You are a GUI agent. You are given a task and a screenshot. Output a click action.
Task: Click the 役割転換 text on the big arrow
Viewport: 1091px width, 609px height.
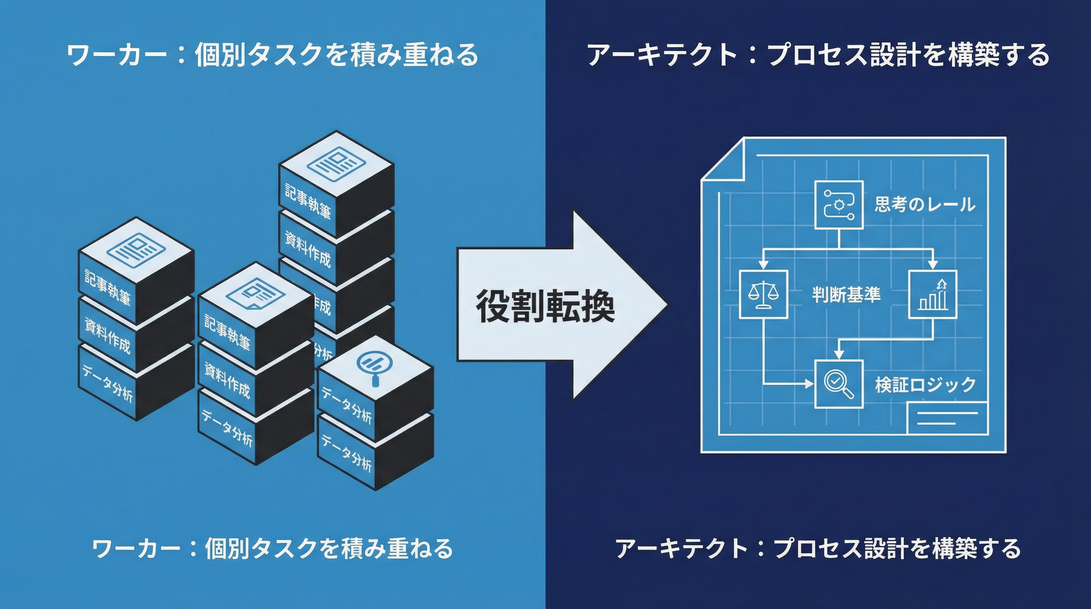click(x=545, y=306)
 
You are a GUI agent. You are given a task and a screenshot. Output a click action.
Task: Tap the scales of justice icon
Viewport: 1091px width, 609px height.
click(x=763, y=294)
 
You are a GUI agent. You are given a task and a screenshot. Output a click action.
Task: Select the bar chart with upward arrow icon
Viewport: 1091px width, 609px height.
click(x=933, y=294)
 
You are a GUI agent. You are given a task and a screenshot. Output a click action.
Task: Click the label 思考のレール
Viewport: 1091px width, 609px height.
click(x=925, y=205)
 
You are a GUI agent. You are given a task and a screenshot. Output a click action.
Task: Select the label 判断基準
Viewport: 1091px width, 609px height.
click(x=846, y=294)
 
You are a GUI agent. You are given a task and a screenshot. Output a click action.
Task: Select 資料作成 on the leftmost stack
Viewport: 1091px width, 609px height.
click(x=107, y=335)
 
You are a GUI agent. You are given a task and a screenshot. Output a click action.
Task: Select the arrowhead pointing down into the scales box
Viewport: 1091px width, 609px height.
click(x=763, y=264)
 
